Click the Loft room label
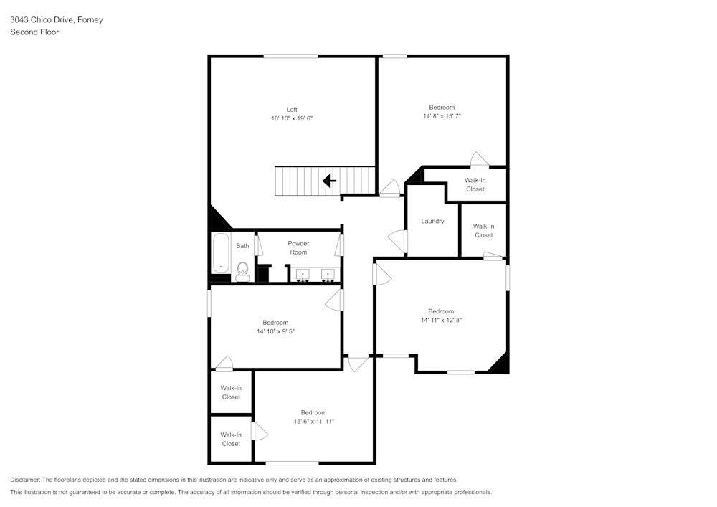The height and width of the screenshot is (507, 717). click(292, 110)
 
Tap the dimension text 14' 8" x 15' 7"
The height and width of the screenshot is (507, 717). click(441, 115)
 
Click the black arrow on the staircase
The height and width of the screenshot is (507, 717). click(329, 181)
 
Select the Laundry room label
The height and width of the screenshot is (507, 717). click(432, 221)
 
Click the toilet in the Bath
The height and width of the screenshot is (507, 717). click(242, 270)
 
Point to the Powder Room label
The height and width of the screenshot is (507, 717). click(298, 247)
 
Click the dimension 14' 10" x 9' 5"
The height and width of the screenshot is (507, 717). click(275, 331)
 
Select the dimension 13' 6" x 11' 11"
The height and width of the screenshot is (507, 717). click(313, 422)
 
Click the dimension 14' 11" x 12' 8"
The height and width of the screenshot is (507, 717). click(441, 321)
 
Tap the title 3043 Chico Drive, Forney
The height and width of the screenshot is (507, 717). click(56, 20)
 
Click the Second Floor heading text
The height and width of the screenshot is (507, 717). click(34, 32)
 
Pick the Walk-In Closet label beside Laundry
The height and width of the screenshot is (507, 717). click(483, 231)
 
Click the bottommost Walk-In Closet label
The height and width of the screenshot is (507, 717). click(231, 439)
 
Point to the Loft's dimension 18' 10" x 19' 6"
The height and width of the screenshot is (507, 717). click(292, 118)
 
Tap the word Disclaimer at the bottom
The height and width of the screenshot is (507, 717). click(25, 480)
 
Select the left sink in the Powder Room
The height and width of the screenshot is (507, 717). click(302, 274)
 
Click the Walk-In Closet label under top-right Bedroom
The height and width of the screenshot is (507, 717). click(475, 185)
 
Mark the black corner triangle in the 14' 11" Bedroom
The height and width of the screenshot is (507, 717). click(500, 364)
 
